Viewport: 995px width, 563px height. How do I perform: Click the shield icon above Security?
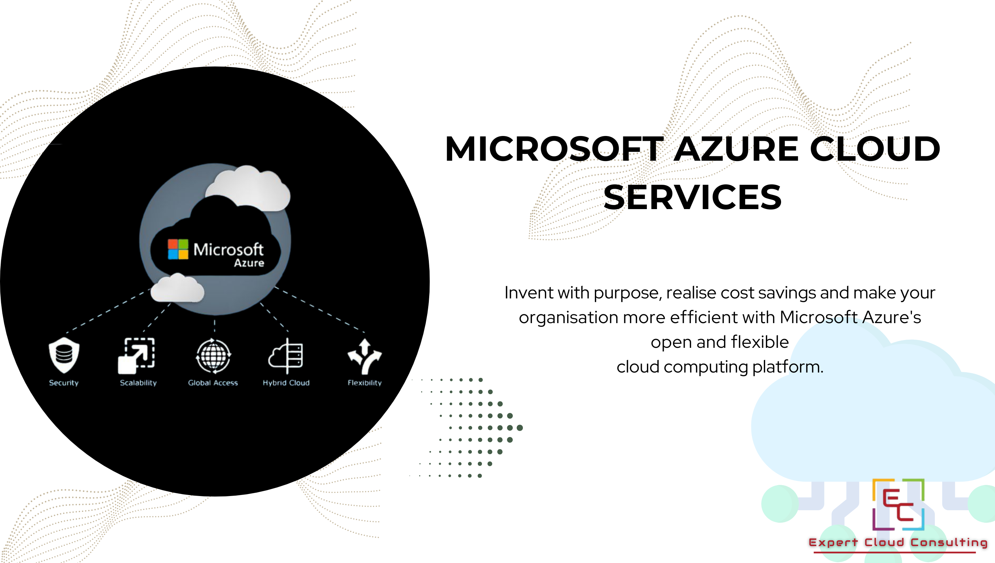point(64,355)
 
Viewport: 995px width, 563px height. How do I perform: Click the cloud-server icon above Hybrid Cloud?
point(286,356)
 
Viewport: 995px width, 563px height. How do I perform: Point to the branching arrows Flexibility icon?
point(365,357)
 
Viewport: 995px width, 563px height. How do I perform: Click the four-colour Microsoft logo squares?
point(178,249)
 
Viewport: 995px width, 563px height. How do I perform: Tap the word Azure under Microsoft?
point(249,263)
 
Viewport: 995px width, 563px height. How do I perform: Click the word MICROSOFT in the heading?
point(554,149)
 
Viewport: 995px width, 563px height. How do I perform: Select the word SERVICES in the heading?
point(693,197)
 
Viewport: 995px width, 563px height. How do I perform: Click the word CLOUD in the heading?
point(875,149)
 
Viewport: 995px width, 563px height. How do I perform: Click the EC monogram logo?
point(898,504)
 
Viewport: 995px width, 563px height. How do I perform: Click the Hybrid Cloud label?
point(286,383)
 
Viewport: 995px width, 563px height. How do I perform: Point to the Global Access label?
point(213,383)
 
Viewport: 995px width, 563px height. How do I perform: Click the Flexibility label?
point(365,383)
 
